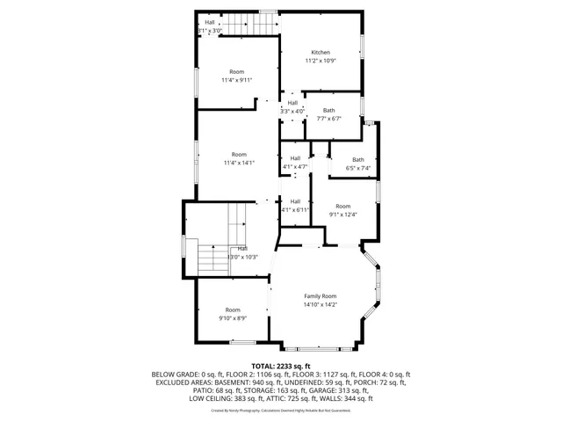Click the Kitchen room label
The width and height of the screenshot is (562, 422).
coord(320,52)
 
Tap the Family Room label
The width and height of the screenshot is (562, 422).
coord(321,296)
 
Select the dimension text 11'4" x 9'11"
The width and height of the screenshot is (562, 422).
coord(237,80)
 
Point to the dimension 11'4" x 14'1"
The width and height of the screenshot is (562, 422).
coord(237,163)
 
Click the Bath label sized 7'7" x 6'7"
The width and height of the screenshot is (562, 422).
coord(328,110)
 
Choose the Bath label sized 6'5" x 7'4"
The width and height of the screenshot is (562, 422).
coord(358,159)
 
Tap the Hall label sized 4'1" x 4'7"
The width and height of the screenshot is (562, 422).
coord(295,158)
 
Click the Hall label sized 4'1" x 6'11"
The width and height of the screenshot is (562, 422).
coord(295,200)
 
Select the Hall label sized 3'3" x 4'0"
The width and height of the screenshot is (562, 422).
coord(292,103)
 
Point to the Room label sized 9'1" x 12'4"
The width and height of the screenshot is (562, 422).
coord(342,206)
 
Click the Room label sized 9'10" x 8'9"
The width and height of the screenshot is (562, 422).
coord(233,309)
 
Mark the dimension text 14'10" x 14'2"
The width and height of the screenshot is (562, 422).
coord(321,305)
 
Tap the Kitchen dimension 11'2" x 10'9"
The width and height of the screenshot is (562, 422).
coord(320,61)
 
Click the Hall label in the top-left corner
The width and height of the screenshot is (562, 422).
coord(210,22)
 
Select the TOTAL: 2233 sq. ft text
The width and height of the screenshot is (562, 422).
coord(281,366)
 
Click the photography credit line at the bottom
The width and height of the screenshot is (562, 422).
coord(281,410)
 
